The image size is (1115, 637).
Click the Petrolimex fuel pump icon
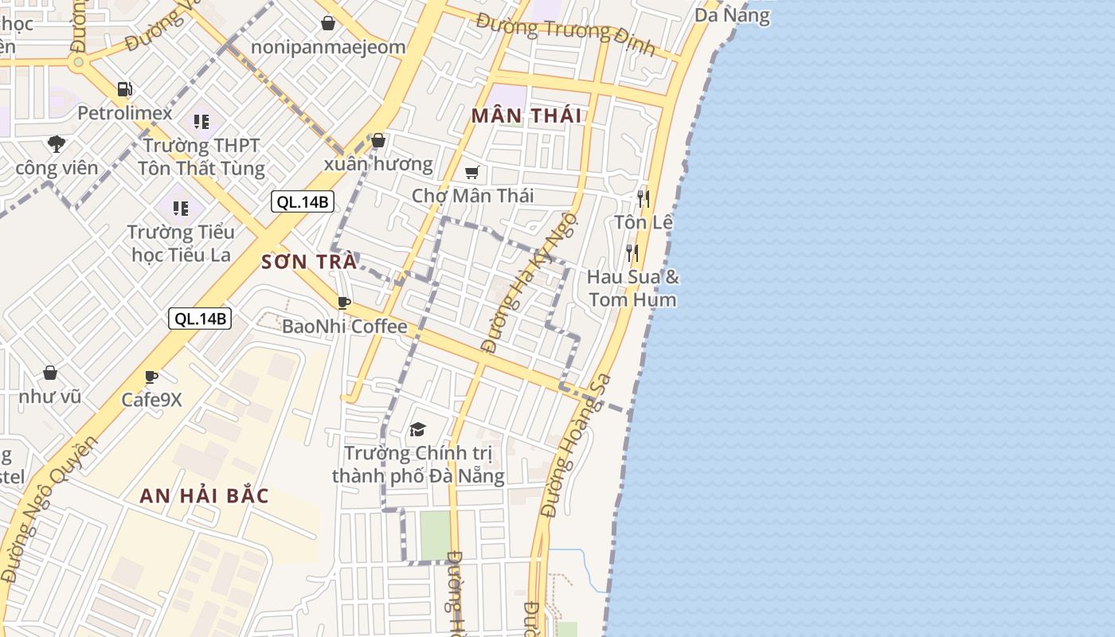(x=124, y=88)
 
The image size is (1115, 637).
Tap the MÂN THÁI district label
(x=526, y=115)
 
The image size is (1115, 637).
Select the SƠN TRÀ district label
(x=309, y=262)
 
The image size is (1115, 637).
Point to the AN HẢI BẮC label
(x=204, y=496)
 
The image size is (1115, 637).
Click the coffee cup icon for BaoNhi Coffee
(x=344, y=303)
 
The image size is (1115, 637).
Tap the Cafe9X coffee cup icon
(x=151, y=377)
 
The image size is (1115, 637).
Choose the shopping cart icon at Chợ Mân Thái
(x=472, y=172)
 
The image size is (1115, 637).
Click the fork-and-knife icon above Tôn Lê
(x=644, y=198)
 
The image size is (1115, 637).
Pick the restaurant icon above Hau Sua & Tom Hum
(x=632, y=253)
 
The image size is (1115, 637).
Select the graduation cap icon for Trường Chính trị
(x=418, y=430)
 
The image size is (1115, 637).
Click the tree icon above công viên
(x=56, y=144)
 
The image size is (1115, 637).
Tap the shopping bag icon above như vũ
(x=50, y=373)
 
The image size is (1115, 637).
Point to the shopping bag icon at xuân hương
(x=378, y=141)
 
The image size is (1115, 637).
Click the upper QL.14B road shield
(x=302, y=201)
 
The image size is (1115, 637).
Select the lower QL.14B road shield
(x=200, y=318)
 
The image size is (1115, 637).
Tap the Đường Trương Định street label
(x=565, y=34)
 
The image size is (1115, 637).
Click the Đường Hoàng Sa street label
(x=576, y=447)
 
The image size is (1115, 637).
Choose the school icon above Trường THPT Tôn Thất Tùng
(x=201, y=122)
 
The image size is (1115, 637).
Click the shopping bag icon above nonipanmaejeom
(x=327, y=23)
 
